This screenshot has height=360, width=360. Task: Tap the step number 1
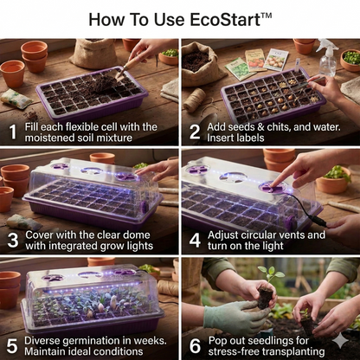(x=12, y=132)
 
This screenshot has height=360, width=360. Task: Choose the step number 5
(x=12, y=346)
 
